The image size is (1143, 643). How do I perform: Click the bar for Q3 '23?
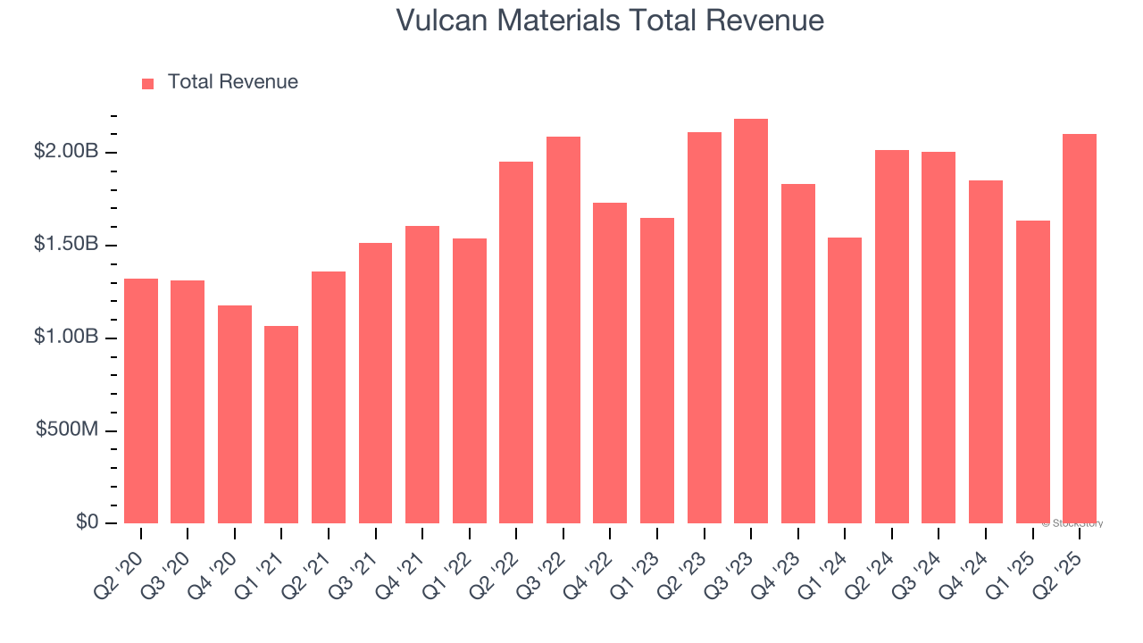751,321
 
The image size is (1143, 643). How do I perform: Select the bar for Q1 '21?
281,424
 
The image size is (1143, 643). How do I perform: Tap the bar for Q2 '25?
1080,329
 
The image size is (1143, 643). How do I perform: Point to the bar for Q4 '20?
235,414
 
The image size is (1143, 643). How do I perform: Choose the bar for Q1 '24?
845,380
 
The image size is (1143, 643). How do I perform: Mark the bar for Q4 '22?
610,363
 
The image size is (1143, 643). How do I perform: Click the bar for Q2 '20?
141,401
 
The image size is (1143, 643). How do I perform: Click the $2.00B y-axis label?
66,152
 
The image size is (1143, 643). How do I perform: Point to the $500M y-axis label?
67,430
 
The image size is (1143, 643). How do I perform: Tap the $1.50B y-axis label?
66,245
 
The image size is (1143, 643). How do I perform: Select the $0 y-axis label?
87,522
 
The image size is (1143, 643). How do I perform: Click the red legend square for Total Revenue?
148,83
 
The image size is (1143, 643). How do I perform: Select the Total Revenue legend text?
232,82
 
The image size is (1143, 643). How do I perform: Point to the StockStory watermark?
1072,523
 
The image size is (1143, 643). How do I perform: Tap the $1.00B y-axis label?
66,338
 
